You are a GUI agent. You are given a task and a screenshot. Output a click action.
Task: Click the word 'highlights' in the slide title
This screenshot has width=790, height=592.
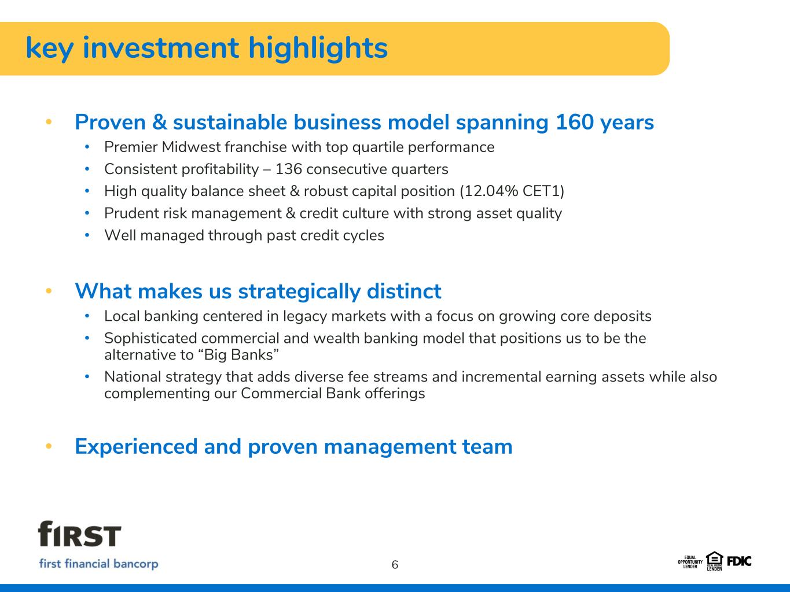(318, 48)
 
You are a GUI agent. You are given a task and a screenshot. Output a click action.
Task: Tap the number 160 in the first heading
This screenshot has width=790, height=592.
(575, 122)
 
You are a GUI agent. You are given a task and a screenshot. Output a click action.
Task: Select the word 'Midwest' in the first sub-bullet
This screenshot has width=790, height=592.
(191, 147)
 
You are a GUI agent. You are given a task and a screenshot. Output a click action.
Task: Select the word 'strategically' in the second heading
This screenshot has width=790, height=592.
(299, 291)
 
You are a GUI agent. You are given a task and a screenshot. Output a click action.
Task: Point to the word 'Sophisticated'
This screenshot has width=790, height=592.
(151, 339)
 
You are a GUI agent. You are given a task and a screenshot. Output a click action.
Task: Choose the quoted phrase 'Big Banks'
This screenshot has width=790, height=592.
(238, 355)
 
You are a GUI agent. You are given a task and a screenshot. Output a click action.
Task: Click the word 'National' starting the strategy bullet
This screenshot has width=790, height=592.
(133, 377)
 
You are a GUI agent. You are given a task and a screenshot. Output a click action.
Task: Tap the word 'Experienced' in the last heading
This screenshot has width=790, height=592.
(136, 447)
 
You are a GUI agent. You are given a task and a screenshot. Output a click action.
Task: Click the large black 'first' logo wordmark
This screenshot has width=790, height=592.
(79, 534)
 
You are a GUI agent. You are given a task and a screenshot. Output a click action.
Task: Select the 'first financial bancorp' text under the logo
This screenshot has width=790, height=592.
(98, 564)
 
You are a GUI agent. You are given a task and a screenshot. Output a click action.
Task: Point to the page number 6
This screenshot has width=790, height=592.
(395, 565)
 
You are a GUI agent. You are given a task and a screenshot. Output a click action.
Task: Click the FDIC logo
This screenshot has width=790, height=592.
(739, 561)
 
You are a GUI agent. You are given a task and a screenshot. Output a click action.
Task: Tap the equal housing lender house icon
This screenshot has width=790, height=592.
(714, 559)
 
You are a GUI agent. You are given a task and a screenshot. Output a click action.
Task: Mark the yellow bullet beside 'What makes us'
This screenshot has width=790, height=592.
(49, 291)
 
